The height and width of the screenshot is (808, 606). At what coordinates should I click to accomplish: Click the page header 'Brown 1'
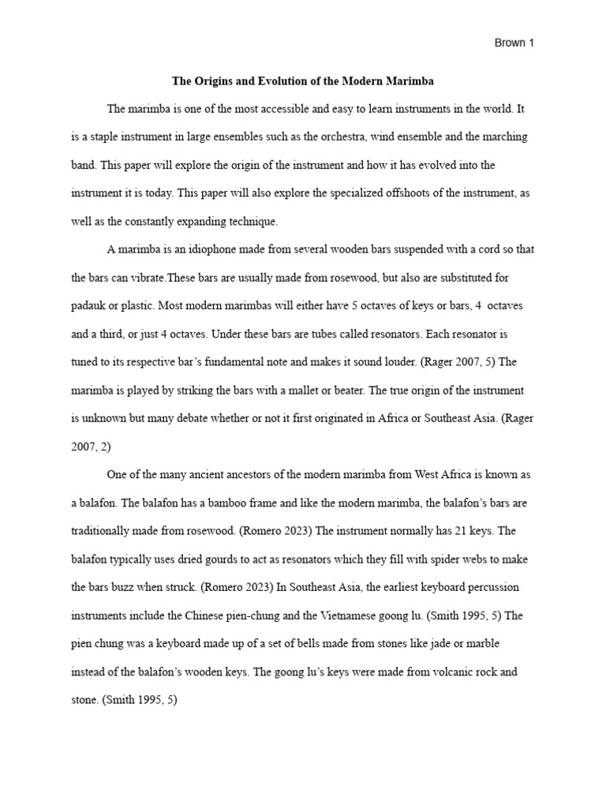coord(514,43)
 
